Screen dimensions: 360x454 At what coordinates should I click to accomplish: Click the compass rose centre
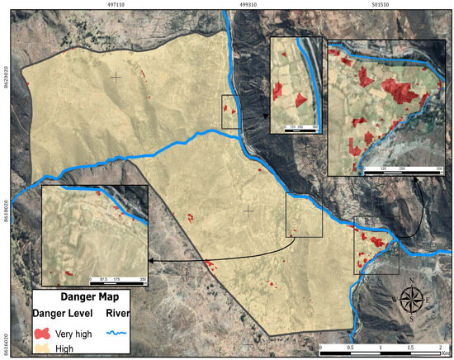pos(412,299)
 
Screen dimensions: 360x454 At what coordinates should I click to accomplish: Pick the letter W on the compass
pos(395,300)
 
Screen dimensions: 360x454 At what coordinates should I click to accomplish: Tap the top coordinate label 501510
pos(381,4)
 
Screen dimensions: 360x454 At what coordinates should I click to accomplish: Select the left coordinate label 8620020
pos(5,83)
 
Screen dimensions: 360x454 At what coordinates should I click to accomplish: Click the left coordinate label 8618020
pos(5,212)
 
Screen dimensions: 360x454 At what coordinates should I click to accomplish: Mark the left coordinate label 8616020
pos(5,342)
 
